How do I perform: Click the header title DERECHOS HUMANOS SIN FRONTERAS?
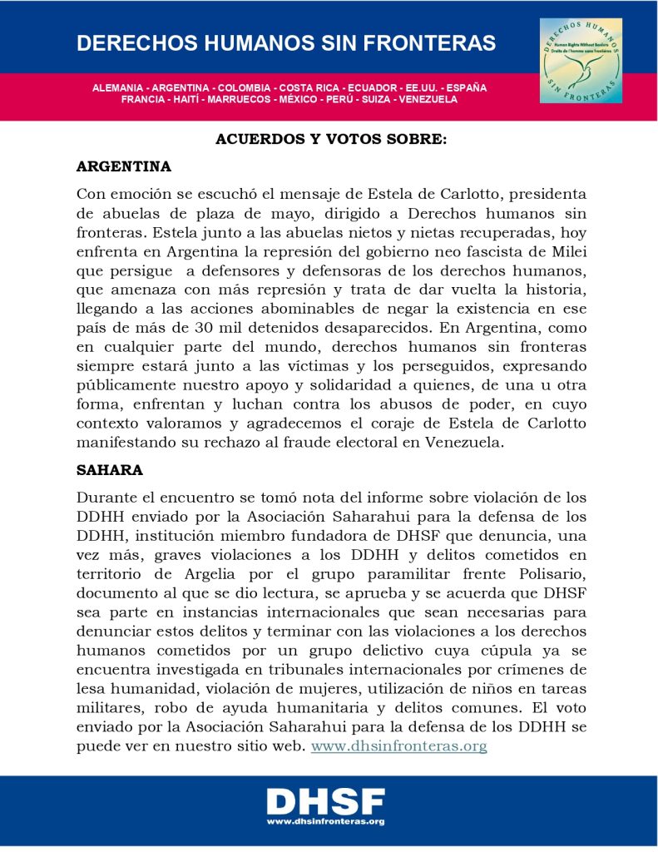(286, 43)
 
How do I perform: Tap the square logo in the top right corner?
(581, 61)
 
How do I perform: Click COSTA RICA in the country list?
(309, 87)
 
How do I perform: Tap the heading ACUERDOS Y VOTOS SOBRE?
(331, 140)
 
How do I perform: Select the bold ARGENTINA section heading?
(124, 166)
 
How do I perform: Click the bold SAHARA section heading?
(110, 470)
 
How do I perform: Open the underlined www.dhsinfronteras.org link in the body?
(398, 745)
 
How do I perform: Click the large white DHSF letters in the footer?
(325, 802)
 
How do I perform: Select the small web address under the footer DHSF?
(325, 821)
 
